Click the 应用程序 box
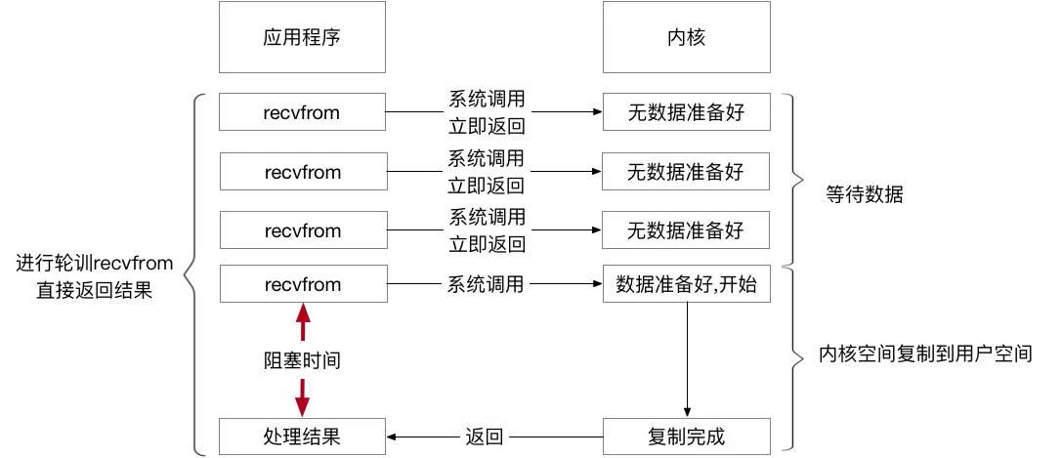tap(303, 38)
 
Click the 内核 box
tap(686, 38)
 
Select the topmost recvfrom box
tap(303, 112)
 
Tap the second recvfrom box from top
tap(303, 172)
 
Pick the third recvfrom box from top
tap(303, 230)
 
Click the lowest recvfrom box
tap(303, 284)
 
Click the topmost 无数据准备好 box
tap(686, 112)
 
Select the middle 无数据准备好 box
tap(686, 172)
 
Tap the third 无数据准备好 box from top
tap(686, 230)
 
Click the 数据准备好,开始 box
tap(686, 285)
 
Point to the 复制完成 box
tap(686, 436)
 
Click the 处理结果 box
tap(303, 436)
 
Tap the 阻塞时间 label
tap(303, 360)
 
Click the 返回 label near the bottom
tap(485, 437)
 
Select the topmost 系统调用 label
tap(486, 99)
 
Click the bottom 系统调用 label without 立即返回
tap(486, 285)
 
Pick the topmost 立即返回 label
tap(486, 126)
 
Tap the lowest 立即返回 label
tap(486, 244)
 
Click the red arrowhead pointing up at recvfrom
tap(303, 312)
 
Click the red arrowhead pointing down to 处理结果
tap(303, 405)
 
